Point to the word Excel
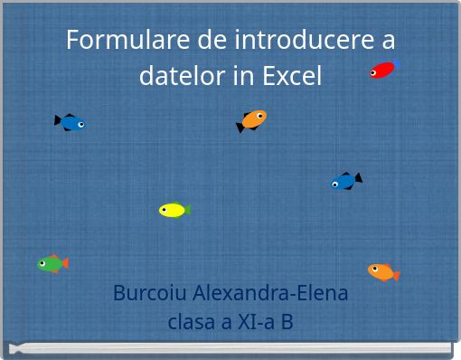(x=291, y=76)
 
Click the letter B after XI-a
(x=287, y=321)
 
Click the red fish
(x=382, y=70)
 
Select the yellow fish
(x=173, y=211)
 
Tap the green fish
(x=51, y=264)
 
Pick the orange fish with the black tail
(x=252, y=119)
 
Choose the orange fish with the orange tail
(x=382, y=271)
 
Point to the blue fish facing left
(x=345, y=182)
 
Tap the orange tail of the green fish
(x=63, y=263)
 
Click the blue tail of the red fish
(x=396, y=63)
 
